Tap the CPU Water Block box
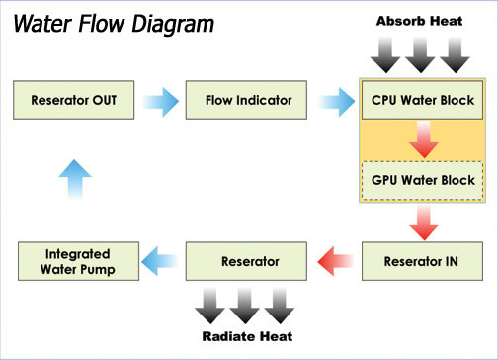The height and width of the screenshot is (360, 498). [x=425, y=100]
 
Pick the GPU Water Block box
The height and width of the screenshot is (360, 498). [x=425, y=181]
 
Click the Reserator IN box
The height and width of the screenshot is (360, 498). [x=425, y=262]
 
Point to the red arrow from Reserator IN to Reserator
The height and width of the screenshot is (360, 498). [x=336, y=262]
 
